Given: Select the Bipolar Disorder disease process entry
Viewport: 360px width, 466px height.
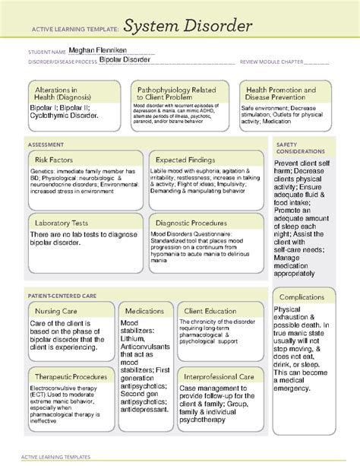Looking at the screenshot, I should tap(125, 60).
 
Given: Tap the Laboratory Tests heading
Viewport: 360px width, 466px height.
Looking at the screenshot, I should tap(63, 223).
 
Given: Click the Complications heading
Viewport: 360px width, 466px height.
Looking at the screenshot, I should tap(302, 296).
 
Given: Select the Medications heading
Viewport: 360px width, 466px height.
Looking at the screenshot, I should tap(144, 312).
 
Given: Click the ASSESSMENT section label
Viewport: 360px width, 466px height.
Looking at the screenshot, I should tap(46, 144).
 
